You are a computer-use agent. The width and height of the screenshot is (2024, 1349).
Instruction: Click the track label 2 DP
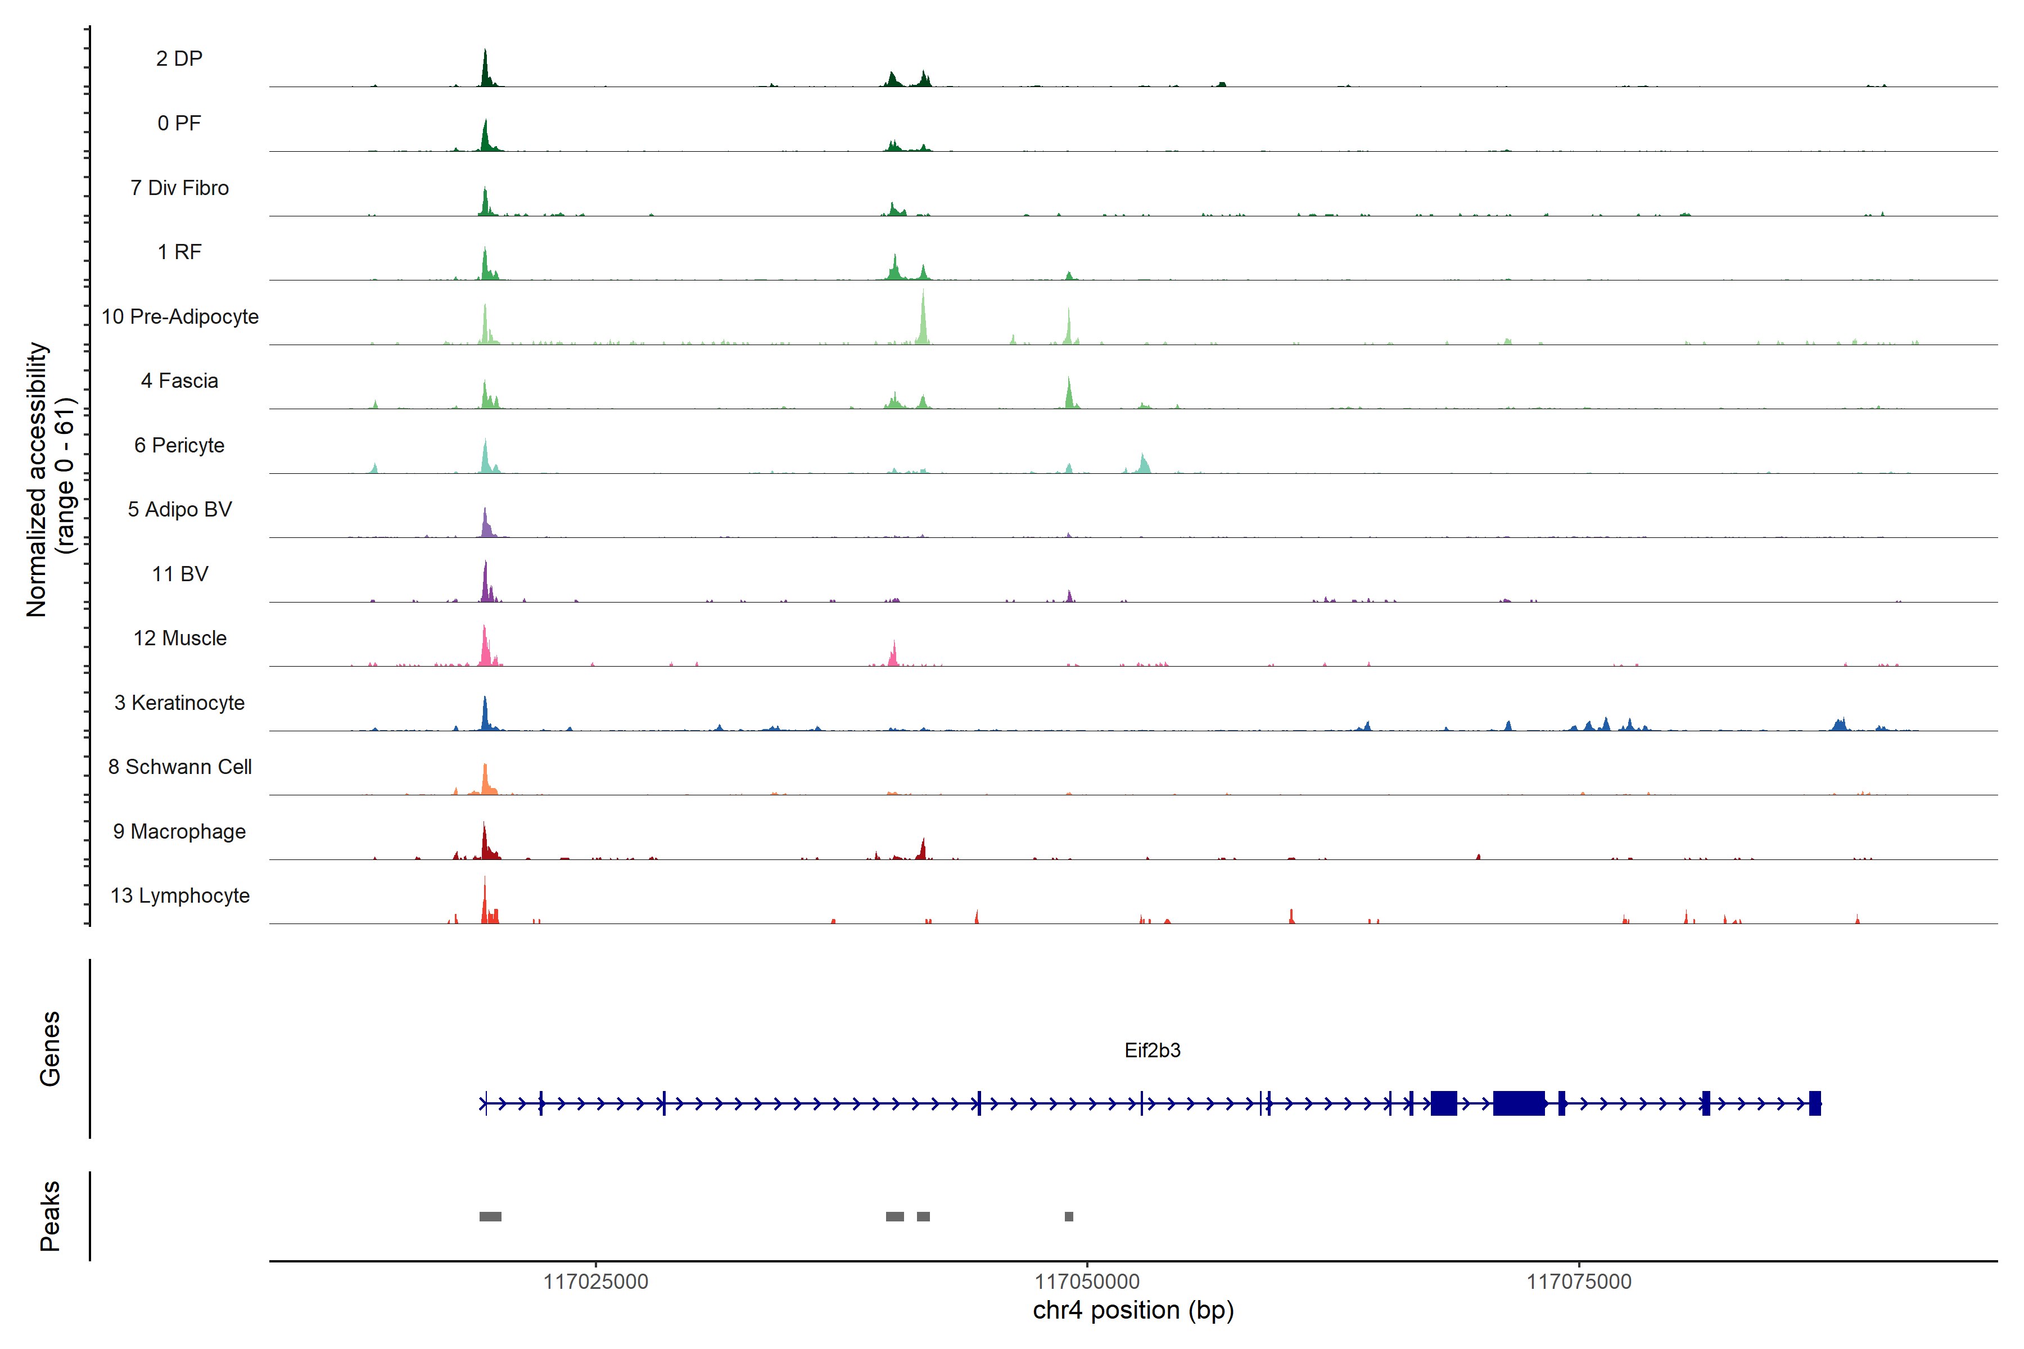pos(179,58)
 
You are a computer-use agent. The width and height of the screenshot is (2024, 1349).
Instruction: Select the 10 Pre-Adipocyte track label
pos(180,316)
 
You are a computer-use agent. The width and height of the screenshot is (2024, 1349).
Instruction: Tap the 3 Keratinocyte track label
pos(179,703)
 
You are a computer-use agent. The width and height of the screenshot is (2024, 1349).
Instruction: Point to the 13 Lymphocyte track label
pos(180,895)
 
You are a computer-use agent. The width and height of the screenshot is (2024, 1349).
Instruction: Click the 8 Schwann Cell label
pos(180,767)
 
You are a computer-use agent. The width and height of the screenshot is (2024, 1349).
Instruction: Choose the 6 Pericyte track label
pos(179,446)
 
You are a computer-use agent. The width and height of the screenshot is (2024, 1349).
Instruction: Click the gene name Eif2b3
pos(1152,1051)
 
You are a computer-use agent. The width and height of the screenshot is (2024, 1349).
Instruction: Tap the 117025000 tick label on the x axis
pos(595,1282)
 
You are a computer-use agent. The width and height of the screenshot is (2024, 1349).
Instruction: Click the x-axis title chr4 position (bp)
pos(1132,1310)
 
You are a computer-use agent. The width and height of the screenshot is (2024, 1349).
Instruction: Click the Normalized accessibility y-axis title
pos(38,479)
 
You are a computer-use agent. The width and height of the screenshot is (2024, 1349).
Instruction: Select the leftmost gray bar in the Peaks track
pos(490,1216)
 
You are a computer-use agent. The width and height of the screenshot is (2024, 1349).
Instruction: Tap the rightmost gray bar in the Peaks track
pos(1069,1216)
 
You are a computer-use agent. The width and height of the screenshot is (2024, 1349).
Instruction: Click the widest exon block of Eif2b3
pos(1519,1103)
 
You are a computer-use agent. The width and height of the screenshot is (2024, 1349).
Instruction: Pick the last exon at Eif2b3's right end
pos(1815,1103)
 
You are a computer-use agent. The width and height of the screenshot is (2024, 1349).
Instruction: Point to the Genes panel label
pos(50,1049)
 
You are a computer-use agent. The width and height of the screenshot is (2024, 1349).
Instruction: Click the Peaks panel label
pos(50,1216)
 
